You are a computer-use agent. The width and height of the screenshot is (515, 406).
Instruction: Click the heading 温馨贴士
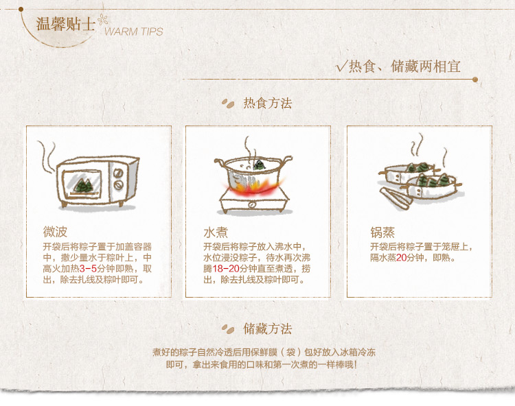66,24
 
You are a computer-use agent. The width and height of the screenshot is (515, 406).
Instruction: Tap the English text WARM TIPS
134,32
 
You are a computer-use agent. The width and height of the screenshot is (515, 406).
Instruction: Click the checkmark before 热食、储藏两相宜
341,67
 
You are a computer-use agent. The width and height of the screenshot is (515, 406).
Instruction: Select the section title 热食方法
267,104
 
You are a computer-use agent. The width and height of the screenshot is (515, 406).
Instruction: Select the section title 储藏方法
267,329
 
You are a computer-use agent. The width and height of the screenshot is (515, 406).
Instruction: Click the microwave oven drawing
98,181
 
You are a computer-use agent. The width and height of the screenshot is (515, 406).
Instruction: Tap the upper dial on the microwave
118,173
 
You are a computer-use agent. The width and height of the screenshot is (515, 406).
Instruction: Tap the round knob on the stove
252,205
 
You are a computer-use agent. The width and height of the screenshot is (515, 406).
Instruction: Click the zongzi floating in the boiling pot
260,165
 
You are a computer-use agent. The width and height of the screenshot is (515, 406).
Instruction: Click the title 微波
55,232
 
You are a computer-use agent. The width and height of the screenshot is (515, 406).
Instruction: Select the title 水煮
216,232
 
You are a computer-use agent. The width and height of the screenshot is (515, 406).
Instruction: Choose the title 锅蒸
382,232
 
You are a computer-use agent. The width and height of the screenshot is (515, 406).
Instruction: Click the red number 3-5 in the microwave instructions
88,269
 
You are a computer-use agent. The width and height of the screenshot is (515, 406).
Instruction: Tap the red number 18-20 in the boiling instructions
226,269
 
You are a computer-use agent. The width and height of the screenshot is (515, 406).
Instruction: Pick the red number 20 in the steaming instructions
402,258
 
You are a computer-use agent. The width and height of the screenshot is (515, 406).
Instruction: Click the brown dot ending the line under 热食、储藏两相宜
475,80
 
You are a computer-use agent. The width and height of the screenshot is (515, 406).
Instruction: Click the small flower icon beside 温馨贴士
102,20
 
